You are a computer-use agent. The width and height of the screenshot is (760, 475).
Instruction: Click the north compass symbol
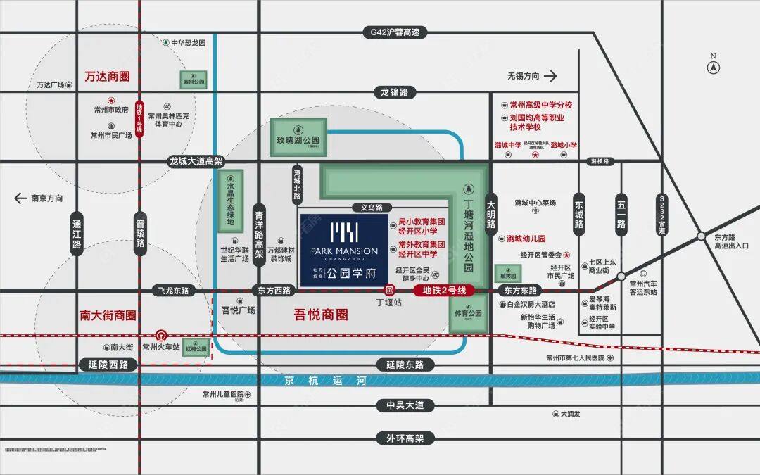(x=713, y=68)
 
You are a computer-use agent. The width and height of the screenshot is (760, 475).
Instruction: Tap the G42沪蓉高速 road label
(x=395, y=32)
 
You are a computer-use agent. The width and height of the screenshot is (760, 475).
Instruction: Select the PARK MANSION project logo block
(x=344, y=251)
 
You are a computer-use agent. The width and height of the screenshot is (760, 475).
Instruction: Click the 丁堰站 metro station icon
(x=388, y=290)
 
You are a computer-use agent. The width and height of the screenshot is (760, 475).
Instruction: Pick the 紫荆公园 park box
(x=194, y=81)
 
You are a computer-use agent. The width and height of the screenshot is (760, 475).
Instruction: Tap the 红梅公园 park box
(x=196, y=348)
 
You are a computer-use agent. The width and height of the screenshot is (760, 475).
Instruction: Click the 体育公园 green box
(x=468, y=313)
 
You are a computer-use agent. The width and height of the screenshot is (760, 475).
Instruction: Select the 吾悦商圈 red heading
(x=320, y=315)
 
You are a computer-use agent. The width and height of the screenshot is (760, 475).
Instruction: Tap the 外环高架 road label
(x=405, y=438)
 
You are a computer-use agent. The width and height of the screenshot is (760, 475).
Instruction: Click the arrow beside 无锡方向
(x=550, y=76)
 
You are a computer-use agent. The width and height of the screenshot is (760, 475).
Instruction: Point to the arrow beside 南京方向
(x=20, y=198)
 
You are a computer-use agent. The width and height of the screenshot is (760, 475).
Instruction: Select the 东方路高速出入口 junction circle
(x=701, y=236)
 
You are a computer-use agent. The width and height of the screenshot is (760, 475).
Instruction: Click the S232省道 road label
(x=661, y=215)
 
